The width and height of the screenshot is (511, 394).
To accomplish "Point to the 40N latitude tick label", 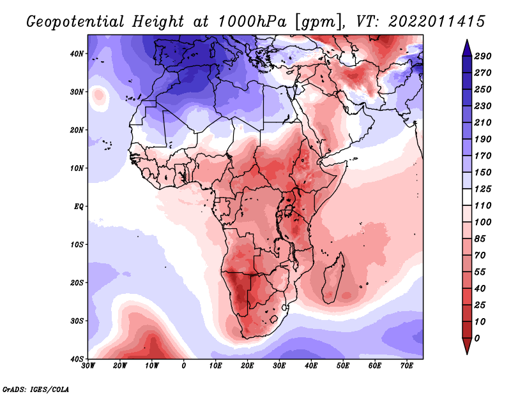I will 77,54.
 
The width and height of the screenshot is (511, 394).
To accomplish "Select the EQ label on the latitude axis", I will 79,207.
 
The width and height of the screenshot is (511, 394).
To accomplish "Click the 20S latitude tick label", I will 77,282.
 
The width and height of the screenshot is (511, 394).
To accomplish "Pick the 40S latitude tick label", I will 77,358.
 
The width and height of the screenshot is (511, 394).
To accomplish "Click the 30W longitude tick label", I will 89,366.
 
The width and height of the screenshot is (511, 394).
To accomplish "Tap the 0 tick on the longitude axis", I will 184,366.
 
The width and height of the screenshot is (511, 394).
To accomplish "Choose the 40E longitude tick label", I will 311,366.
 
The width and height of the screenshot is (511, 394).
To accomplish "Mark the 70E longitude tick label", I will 406,366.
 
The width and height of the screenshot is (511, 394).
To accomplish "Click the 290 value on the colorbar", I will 483,56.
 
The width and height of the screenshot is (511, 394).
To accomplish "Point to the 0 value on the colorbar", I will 478,337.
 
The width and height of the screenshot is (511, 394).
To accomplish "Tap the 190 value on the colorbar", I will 483,139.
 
